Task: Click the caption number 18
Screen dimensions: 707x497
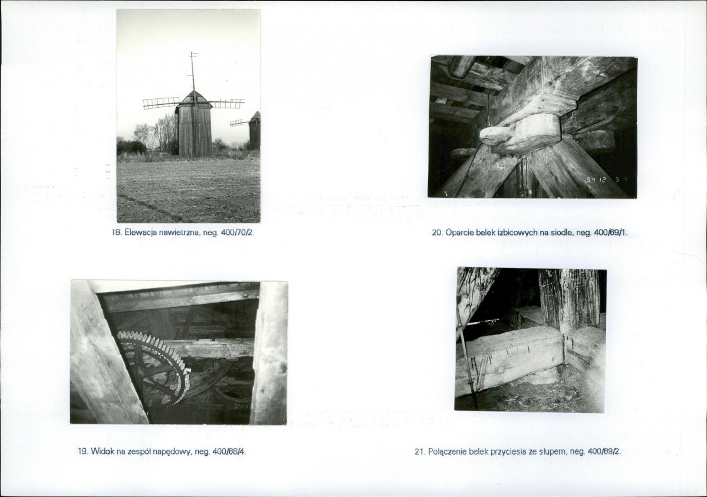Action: click(116, 233)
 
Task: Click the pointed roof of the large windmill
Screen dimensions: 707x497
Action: click(193, 97)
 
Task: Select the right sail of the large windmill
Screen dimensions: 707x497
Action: click(228, 104)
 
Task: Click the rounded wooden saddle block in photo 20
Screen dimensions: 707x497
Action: click(518, 134)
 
